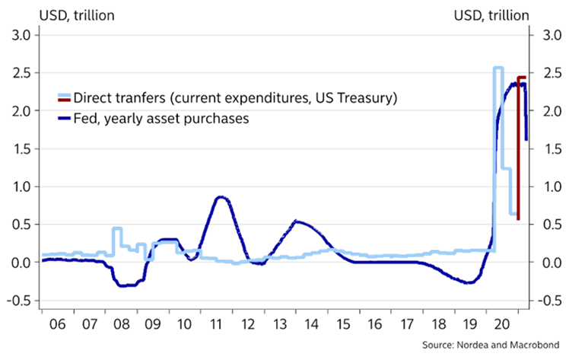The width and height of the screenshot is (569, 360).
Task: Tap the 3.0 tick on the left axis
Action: [20, 35]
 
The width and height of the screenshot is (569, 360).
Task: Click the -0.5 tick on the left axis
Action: [17, 301]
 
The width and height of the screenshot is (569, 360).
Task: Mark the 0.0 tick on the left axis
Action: [20, 263]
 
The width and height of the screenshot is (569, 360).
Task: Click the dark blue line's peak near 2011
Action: [219, 197]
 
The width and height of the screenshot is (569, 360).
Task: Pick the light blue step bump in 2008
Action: [117, 228]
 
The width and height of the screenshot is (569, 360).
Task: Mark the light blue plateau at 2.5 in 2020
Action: [498, 68]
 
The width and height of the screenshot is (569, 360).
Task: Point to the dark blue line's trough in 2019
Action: [469, 282]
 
